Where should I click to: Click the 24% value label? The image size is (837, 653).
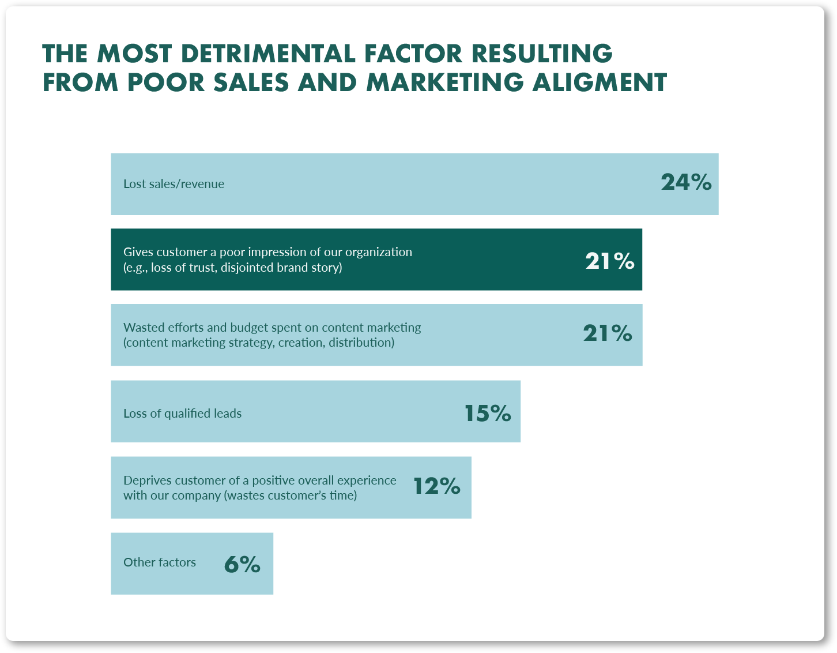(x=686, y=182)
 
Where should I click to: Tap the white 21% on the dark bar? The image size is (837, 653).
(x=610, y=261)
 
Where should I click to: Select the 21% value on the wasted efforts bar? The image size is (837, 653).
(x=608, y=333)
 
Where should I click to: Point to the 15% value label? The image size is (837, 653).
(x=488, y=413)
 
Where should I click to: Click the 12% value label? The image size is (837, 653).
(x=437, y=486)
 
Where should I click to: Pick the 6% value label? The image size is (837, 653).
(x=242, y=565)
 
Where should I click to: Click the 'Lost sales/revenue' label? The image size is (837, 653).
(x=174, y=184)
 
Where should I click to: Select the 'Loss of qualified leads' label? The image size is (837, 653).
(x=182, y=413)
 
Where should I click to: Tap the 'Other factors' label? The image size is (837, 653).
(x=160, y=562)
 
